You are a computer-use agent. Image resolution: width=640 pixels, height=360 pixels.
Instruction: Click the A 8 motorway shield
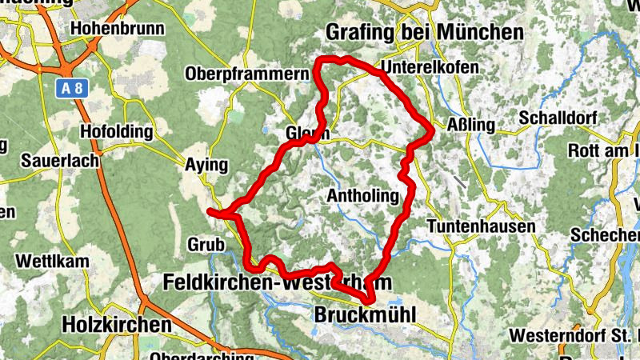[x=71, y=88]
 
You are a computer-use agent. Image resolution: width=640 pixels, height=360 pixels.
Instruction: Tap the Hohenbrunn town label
[x=117, y=29]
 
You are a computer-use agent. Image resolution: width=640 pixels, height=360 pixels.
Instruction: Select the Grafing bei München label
[x=424, y=32]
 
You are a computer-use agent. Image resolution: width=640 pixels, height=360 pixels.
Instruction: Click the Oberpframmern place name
[x=246, y=74]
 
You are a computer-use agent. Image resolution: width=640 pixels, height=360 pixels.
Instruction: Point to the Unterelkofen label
[x=430, y=68]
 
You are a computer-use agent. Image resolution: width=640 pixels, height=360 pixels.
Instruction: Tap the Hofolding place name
[x=116, y=132]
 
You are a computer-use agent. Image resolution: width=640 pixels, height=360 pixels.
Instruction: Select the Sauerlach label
[x=61, y=161]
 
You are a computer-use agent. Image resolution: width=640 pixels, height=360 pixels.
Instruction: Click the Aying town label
[x=207, y=166]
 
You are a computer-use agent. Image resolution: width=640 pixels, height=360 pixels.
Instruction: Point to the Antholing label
[x=362, y=196]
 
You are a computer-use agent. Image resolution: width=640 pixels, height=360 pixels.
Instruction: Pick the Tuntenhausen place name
[x=482, y=227]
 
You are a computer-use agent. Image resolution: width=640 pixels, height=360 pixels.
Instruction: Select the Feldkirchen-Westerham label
[x=277, y=282]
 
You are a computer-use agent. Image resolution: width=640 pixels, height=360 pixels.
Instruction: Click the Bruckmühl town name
[x=366, y=314]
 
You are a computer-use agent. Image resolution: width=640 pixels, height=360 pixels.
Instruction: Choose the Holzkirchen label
[x=116, y=325]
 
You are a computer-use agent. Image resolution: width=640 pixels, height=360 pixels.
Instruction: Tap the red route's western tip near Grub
[x=210, y=211]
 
